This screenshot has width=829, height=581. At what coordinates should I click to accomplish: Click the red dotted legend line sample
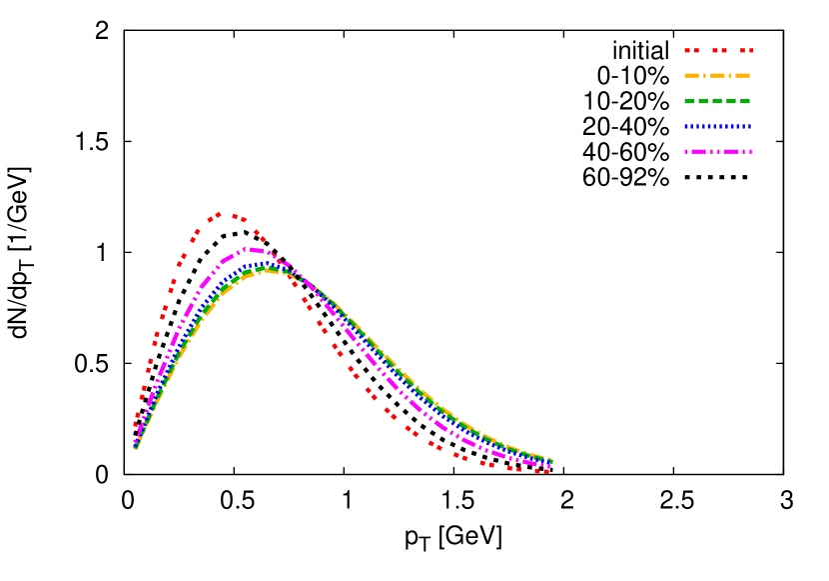pyautogui.click(x=719, y=50)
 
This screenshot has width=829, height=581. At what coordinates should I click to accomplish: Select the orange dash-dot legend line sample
pyautogui.click(x=717, y=75)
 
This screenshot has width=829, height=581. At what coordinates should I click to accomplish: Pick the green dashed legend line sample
pyautogui.click(x=717, y=101)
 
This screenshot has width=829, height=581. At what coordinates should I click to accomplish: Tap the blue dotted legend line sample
pyautogui.click(x=717, y=126)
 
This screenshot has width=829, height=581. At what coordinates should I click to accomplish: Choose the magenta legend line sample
pyautogui.click(x=717, y=151)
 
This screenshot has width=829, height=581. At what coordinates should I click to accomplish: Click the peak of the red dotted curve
pyautogui.click(x=220, y=213)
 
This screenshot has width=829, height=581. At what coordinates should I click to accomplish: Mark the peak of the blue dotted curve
pyautogui.click(x=262, y=264)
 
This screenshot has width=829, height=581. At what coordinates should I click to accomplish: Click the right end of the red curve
pyautogui.click(x=544, y=470)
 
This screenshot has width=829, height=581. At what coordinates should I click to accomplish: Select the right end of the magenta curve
pyautogui.click(x=548, y=466)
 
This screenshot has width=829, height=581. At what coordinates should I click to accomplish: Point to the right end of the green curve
pyautogui.click(x=550, y=461)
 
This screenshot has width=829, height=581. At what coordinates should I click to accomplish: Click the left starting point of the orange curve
pyautogui.click(x=135, y=448)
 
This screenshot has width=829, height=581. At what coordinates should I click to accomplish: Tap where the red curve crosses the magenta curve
pyautogui.click(x=282, y=262)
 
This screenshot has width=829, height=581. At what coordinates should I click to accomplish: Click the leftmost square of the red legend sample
pyautogui.click(x=687, y=50)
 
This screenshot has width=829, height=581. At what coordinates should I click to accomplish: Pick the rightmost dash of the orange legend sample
pyautogui.click(x=742, y=75)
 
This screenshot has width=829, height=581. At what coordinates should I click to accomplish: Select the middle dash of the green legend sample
pyautogui.click(x=717, y=101)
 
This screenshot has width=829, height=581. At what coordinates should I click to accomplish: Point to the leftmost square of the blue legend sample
pyautogui.click(x=687, y=126)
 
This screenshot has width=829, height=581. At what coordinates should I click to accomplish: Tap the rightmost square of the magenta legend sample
pyautogui.click(x=749, y=151)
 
